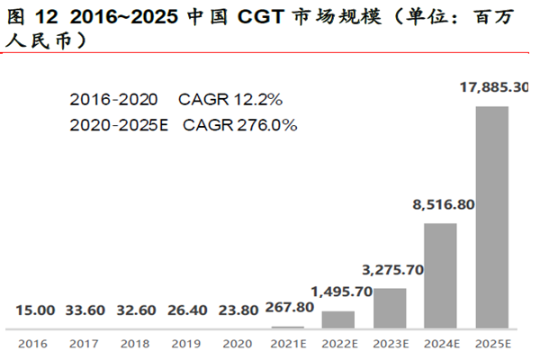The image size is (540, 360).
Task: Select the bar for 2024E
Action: (440, 274)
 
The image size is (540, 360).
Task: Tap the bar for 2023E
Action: (389, 307)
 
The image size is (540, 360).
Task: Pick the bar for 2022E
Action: (337, 319)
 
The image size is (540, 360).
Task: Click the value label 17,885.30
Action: (493, 88)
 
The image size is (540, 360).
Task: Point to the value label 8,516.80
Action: (442, 206)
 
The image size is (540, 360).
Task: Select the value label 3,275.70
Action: (390, 269)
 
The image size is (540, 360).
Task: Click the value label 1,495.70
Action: (338, 292)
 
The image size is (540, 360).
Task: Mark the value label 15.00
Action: (35, 310)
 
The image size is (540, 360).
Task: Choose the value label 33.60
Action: (85, 310)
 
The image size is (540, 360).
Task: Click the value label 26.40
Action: (185, 310)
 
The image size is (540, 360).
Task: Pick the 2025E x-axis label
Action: (492, 344)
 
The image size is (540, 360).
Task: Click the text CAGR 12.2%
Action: (231, 98)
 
